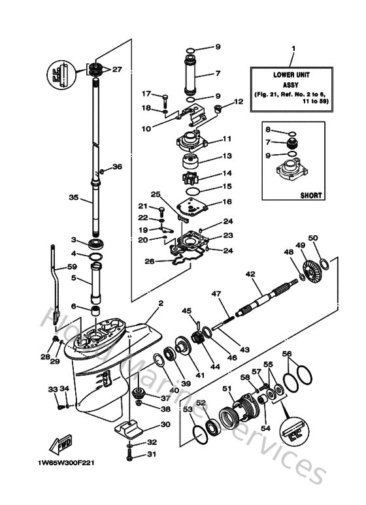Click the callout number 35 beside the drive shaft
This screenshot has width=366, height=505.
[73, 197]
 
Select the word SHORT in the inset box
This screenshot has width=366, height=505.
[310, 195]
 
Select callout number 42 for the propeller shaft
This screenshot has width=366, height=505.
[250, 275]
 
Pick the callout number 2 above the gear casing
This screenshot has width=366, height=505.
[159, 303]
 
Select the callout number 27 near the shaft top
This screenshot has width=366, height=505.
[117, 69]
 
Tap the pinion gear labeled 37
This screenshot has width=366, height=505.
[139, 393]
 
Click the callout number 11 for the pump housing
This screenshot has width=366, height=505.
[227, 139]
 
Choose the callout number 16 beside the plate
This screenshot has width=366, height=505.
[227, 202]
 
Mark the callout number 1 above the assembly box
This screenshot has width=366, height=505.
[293, 49]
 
